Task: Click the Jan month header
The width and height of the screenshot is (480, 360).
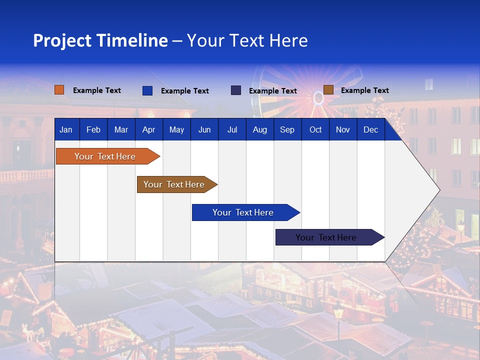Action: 66,130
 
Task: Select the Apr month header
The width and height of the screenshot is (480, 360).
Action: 148,130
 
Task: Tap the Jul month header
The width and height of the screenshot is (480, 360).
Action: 232,130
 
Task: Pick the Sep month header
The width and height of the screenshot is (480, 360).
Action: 287,130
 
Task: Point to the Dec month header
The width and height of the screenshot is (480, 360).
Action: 370,130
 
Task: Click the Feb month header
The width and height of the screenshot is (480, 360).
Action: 93,130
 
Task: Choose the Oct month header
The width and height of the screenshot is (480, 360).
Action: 315,130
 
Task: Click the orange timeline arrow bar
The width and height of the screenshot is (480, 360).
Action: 105,156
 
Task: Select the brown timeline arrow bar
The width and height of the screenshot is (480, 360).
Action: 174,184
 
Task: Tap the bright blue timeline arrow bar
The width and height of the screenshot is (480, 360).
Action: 243,212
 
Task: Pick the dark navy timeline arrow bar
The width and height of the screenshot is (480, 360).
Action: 326,237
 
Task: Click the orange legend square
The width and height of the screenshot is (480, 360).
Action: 59,90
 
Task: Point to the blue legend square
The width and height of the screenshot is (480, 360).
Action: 147,90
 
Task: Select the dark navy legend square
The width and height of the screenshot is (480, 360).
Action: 236,90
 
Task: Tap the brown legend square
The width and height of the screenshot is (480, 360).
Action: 328,90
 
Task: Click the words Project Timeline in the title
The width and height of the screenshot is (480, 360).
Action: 100,40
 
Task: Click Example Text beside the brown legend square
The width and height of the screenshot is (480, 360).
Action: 364,90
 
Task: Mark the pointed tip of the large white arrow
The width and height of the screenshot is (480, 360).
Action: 439,190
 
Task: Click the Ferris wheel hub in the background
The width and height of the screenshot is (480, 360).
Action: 318,98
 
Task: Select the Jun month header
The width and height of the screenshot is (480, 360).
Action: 204,130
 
